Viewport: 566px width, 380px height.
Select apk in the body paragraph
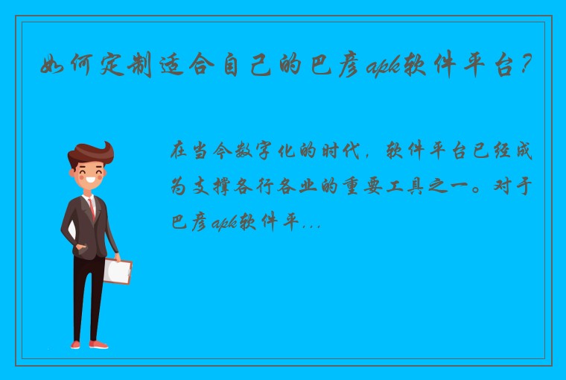(223, 222)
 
